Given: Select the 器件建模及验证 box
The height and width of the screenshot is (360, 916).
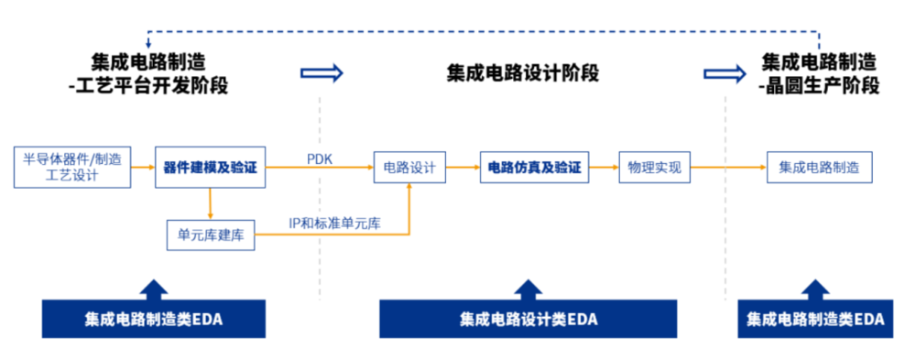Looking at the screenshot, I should (x=210, y=168).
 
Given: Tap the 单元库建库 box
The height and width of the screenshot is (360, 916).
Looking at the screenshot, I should (x=210, y=235).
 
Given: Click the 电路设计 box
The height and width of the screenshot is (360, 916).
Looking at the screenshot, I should (x=409, y=168).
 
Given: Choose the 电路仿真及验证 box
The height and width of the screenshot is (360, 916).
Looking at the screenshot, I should (x=534, y=168).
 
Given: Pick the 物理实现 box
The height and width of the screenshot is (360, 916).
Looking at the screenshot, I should (x=654, y=168).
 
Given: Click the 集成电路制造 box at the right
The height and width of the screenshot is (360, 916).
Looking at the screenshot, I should (x=819, y=168).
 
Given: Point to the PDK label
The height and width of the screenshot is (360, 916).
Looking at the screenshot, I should (x=320, y=158).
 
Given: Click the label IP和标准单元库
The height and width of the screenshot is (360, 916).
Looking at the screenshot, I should (x=334, y=223).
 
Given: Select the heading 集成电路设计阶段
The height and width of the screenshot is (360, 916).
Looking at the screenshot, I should (x=523, y=73).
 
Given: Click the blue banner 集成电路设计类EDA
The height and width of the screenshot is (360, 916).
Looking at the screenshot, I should (x=528, y=319).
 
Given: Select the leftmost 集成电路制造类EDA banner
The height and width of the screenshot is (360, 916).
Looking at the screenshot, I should (x=154, y=319).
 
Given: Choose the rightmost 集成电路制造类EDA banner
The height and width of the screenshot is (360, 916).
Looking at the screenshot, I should (x=815, y=319).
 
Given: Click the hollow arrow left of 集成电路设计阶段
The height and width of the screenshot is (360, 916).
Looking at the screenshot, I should (x=322, y=72).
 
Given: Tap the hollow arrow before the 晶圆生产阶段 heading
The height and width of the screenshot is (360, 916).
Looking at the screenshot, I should (x=724, y=72).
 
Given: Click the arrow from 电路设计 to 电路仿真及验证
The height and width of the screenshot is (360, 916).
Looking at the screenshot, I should (x=463, y=168).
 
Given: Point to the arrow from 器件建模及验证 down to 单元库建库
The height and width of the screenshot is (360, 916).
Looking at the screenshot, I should (x=211, y=203).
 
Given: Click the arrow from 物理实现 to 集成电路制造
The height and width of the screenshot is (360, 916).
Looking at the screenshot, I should (x=728, y=168).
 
